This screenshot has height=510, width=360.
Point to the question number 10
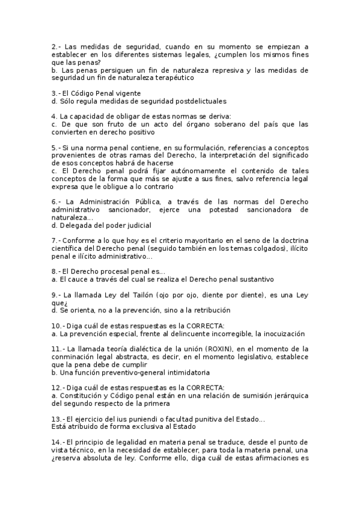coord(56,325)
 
